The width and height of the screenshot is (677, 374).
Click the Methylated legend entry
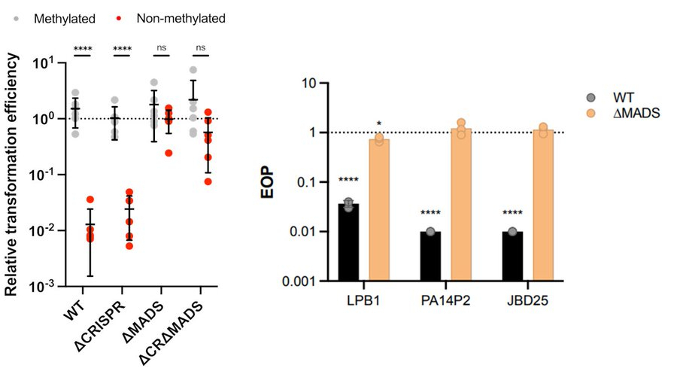click(x=60, y=17)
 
